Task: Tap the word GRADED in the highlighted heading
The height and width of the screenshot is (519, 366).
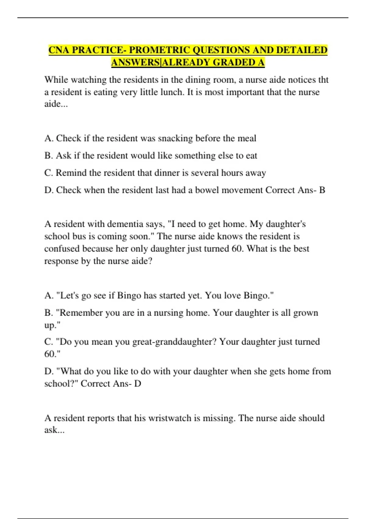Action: point(234,62)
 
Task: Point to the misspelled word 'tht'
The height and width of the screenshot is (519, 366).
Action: point(323,80)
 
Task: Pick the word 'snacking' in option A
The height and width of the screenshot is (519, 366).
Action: point(175,138)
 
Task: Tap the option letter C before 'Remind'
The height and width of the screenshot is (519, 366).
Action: point(48,173)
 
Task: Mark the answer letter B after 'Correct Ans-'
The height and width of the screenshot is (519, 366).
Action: point(322,190)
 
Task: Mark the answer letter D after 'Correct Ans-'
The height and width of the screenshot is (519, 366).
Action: point(138,383)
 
